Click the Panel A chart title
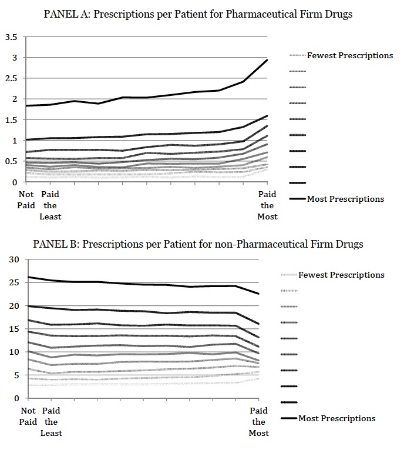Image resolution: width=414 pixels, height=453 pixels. [x=198, y=14]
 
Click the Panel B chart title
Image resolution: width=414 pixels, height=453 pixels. [x=198, y=244]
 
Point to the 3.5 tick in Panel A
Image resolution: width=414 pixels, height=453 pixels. [x=11, y=37]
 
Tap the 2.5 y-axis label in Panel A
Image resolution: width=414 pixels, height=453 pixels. [x=11, y=78]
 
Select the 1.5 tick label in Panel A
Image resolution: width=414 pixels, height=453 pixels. [x=11, y=120]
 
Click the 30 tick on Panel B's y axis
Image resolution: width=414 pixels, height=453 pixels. [x=14, y=259]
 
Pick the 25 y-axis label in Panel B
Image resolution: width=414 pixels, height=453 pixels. [x=14, y=282]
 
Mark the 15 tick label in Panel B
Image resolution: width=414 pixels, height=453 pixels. [x=14, y=329]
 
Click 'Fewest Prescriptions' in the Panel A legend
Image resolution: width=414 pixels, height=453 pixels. [x=350, y=55]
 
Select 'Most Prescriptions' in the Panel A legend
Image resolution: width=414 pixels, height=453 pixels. [x=345, y=199]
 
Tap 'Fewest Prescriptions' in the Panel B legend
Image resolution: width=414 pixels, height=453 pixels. [x=341, y=275]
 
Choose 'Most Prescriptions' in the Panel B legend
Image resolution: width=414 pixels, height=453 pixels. [x=336, y=418]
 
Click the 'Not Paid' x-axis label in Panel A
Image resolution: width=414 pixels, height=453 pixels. [x=26, y=199]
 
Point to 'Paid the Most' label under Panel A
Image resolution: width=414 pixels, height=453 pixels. [x=267, y=205]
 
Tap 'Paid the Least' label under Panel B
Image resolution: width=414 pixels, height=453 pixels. [x=51, y=422]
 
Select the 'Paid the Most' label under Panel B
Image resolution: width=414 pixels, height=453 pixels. [x=258, y=422]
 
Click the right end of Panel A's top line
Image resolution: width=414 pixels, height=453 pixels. [x=267, y=60]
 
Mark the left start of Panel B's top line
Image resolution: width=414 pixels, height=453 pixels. [x=28, y=277]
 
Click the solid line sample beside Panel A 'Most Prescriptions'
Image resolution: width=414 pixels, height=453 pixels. [x=297, y=199]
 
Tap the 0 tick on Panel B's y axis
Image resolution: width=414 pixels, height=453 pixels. [x=16, y=398]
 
